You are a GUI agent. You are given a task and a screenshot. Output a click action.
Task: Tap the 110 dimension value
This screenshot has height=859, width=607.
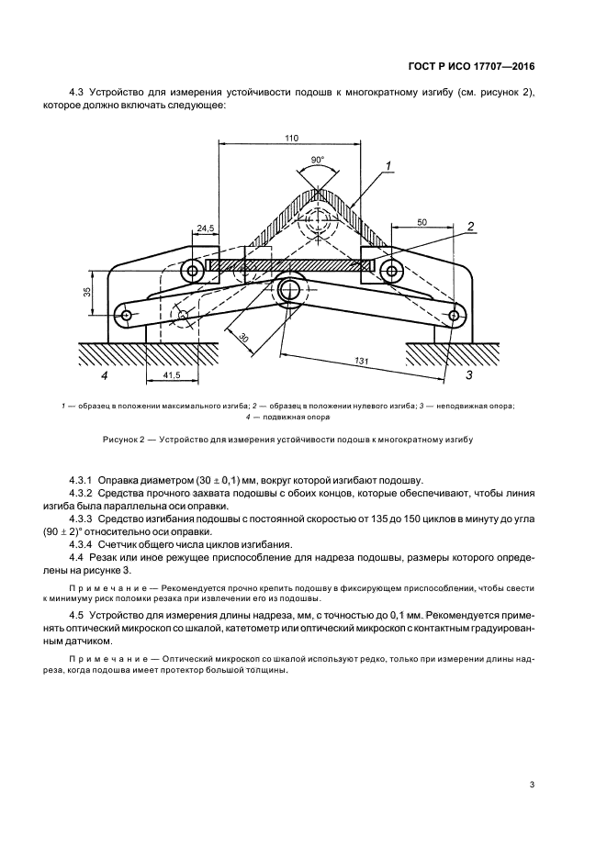click(291, 138)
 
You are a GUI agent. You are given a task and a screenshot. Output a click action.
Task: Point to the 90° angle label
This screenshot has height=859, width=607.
click(318, 160)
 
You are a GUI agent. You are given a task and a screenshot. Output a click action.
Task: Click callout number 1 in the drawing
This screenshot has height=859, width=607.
click(389, 166)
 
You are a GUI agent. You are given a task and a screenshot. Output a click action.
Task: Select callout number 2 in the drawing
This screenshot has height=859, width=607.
click(469, 227)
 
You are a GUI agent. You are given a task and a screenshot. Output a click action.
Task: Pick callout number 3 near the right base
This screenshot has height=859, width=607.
click(469, 374)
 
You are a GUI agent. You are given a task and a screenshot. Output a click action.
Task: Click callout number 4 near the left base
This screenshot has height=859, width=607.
click(104, 374)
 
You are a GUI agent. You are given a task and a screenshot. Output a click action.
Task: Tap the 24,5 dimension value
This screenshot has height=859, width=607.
click(204, 227)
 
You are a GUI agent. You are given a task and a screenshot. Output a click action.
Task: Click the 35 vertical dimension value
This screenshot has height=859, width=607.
click(84, 293)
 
